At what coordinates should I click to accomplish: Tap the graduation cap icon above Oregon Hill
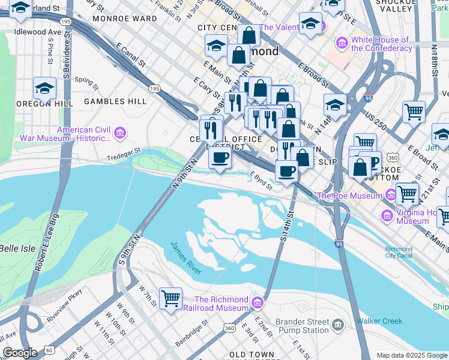tap(44, 89)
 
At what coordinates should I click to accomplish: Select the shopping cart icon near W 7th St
tap(171, 298)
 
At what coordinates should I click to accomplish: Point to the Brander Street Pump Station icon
tap(337, 325)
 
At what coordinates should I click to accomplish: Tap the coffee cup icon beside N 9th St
tap(220, 158)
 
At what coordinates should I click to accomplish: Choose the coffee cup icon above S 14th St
tap(287, 171)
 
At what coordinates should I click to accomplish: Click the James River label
tap(185, 257)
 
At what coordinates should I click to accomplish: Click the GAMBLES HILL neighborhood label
tap(115, 102)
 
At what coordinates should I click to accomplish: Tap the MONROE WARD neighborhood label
tap(124, 19)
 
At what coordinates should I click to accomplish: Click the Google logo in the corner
tap(20, 353)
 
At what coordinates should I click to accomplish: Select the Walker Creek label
tap(379, 321)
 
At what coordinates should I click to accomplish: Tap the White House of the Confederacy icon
tap(342, 43)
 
